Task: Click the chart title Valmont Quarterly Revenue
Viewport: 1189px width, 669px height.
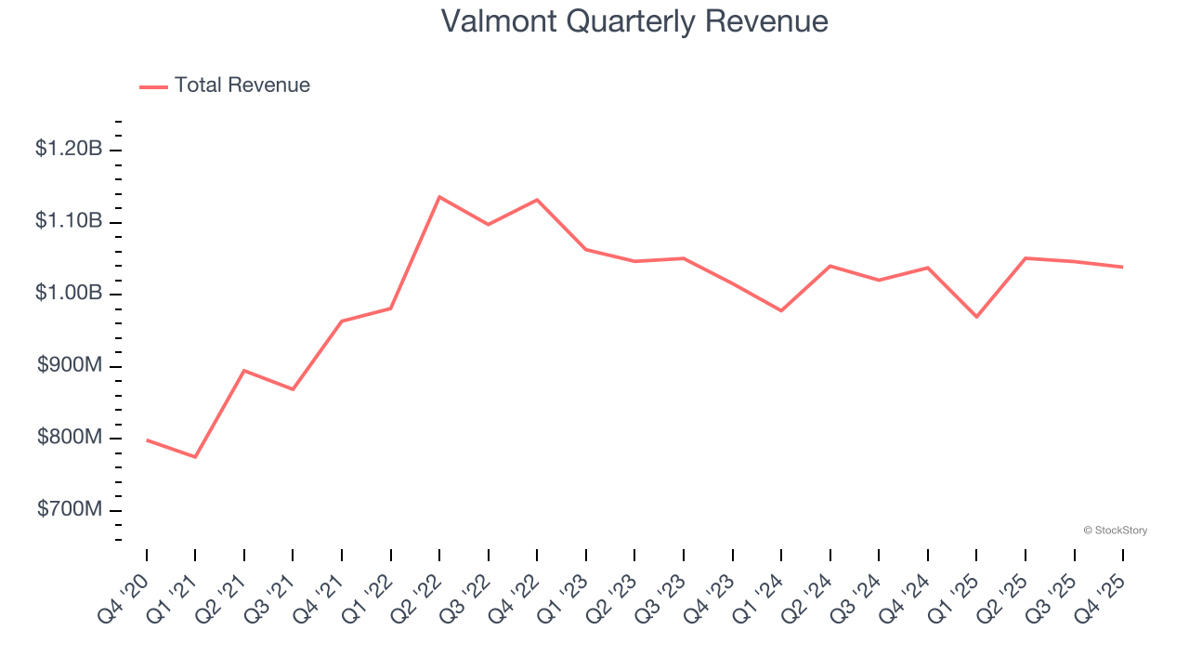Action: pyautogui.click(x=634, y=21)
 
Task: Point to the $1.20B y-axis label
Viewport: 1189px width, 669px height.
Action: pyautogui.click(x=69, y=149)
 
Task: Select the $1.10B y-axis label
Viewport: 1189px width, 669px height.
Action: pyautogui.click(x=69, y=221)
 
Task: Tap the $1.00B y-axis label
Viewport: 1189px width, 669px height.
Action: pyautogui.click(x=69, y=294)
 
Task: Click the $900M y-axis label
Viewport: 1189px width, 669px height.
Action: pyautogui.click(x=70, y=366)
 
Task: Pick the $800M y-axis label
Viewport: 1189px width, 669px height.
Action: pyautogui.click(x=70, y=438)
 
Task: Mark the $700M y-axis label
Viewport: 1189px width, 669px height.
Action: pyautogui.click(x=70, y=510)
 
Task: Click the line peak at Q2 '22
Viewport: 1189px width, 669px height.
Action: pyautogui.click(x=439, y=197)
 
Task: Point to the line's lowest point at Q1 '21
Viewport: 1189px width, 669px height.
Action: pyautogui.click(x=195, y=457)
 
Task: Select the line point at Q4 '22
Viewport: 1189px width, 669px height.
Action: pyautogui.click(x=537, y=200)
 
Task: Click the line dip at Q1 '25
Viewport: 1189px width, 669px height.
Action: pyautogui.click(x=976, y=317)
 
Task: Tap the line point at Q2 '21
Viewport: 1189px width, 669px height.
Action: pyautogui.click(x=244, y=371)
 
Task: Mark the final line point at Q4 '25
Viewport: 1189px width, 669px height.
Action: pyautogui.click(x=1122, y=268)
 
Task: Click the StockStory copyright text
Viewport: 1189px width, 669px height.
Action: pyautogui.click(x=1115, y=531)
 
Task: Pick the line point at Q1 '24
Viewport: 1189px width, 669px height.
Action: pyautogui.click(x=781, y=310)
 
